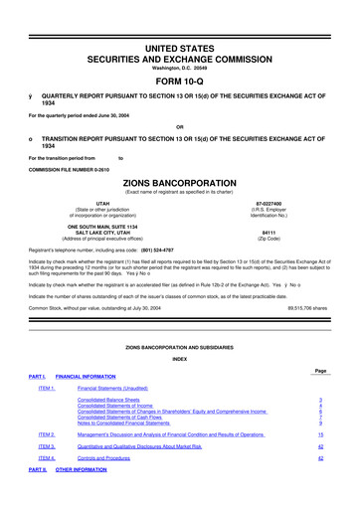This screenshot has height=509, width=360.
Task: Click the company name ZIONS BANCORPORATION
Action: pos(180,185)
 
